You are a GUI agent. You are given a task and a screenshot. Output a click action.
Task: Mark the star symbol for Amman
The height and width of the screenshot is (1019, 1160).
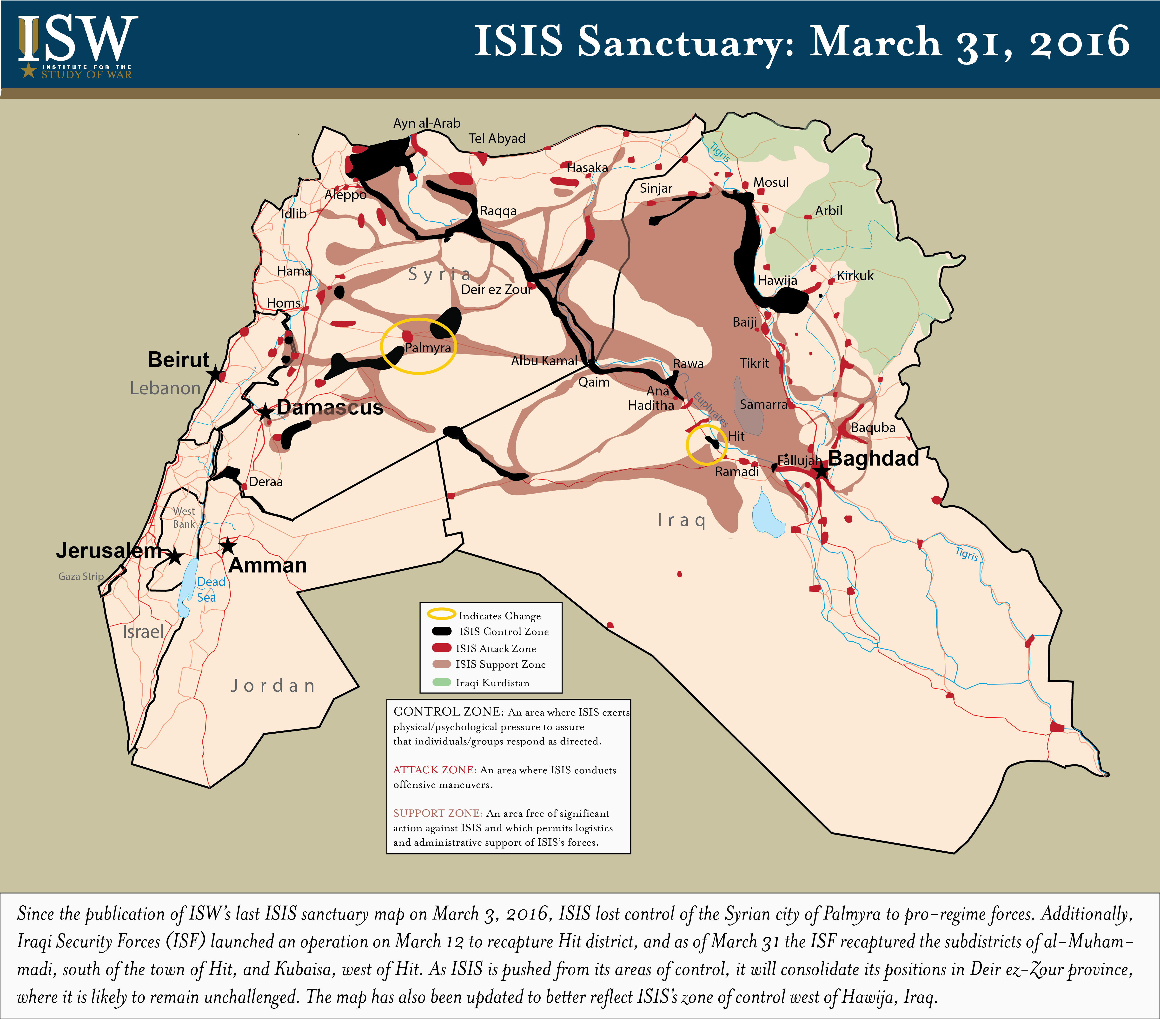[228, 546]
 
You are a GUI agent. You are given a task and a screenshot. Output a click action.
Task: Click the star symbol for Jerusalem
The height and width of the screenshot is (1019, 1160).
[175, 557]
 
